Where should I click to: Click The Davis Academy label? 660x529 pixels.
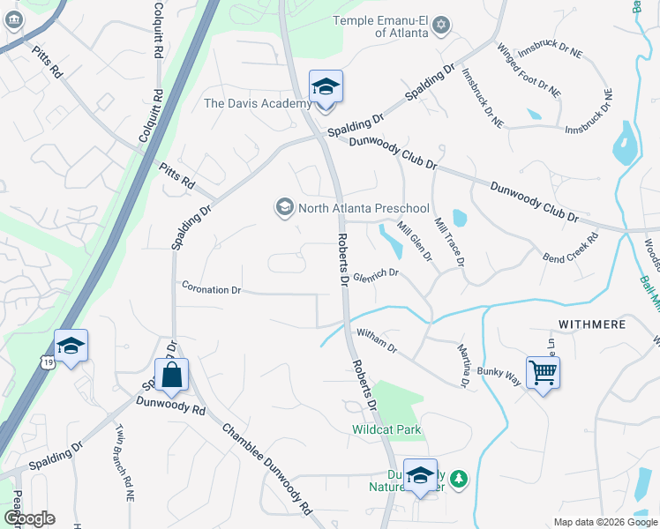tap(258, 103)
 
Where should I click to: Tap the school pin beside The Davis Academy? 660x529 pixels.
tap(326, 88)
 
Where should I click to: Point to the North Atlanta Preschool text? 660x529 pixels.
tap(363, 209)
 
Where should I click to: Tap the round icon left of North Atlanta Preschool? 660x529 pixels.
tap(284, 208)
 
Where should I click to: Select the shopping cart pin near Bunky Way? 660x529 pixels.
tap(543, 371)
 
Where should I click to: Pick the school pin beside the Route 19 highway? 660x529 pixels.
tap(71, 346)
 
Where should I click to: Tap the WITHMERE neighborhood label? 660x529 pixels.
tap(592, 324)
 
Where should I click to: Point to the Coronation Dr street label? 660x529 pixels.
tap(212, 289)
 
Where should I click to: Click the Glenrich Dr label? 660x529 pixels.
tap(377, 275)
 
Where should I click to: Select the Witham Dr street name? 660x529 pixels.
tap(379, 336)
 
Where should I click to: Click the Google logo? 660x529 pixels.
tap(29, 518)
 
